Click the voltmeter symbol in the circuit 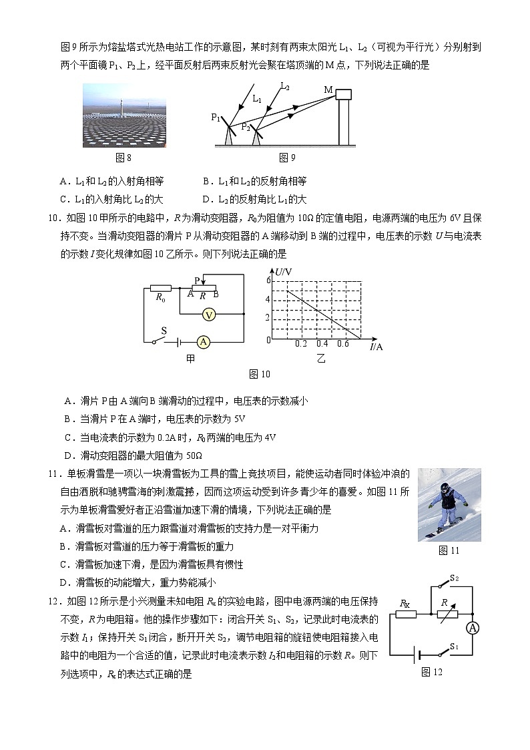point(208,314)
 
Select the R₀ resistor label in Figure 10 point(160,299)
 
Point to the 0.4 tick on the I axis point(322,344)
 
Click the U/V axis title point(284,271)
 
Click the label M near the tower point(328,89)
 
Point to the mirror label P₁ point(216,118)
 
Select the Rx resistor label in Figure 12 point(405,603)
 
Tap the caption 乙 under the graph point(321,359)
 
